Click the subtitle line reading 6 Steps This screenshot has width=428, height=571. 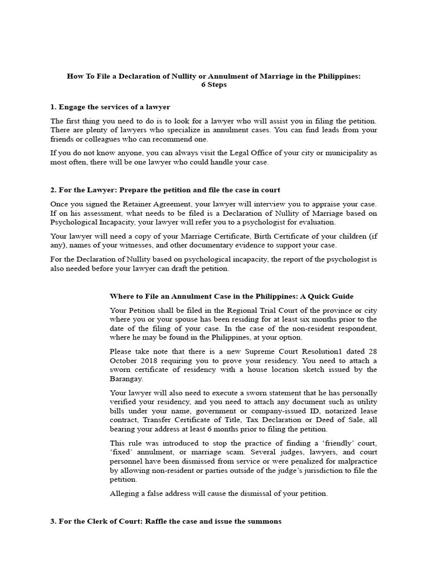(214, 85)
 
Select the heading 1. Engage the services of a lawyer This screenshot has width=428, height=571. (110, 107)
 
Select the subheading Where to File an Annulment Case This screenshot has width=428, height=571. (231, 296)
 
